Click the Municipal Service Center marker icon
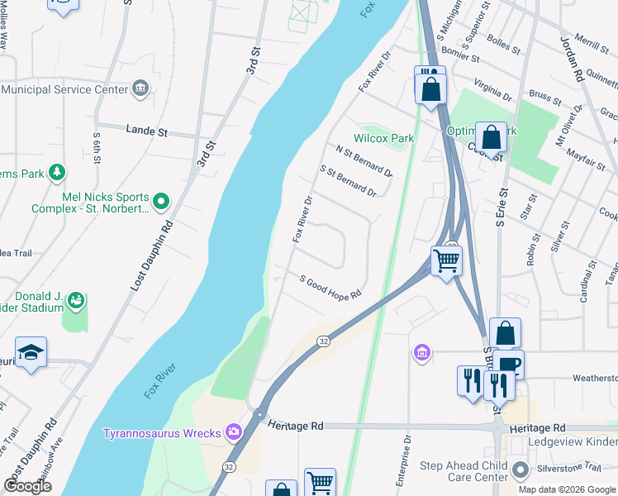(x=140, y=88)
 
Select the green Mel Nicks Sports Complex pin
(x=161, y=200)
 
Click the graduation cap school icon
(x=31, y=352)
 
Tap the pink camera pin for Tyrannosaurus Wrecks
(x=234, y=432)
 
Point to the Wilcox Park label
(x=384, y=138)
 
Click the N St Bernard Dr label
(x=364, y=160)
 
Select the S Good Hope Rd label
(x=330, y=288)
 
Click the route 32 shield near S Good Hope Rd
(x=324, y=341)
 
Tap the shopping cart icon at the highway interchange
(x=447, y=260)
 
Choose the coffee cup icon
(x=510, y=365)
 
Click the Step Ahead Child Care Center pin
(x=520, y=470)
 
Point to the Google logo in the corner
(x=28, y=486)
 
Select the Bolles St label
(x=503, y=44)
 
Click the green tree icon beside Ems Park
(x=57, y=173)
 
